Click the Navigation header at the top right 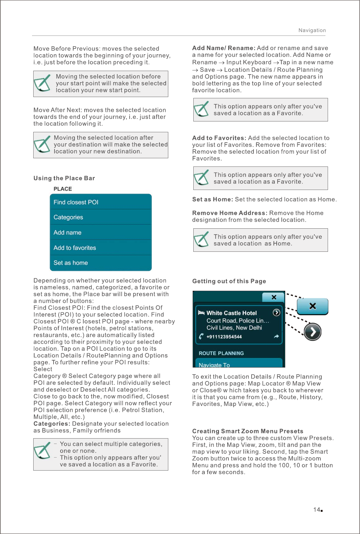tap(312, 30)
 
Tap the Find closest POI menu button tap(100, 202)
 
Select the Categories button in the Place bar tap(100, 217)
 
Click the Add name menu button tap(100, 232)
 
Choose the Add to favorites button tap(100, 248)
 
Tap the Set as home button tap(100, 263)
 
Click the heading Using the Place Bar tap(64, 178)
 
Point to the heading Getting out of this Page tap(229, 281)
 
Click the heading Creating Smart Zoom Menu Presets tap(248, 431)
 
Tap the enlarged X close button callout tap(312, 306)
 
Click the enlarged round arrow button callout tap(312, 332)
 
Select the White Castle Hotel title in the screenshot tap(231, 313)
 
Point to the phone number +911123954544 tap(224, 337)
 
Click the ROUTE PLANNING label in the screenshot tap(221, 353)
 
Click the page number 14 tap(317, 510)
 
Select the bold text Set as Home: tap(213, 199)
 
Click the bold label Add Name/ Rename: tap(224, 48)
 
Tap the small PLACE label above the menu tap(63, 189)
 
